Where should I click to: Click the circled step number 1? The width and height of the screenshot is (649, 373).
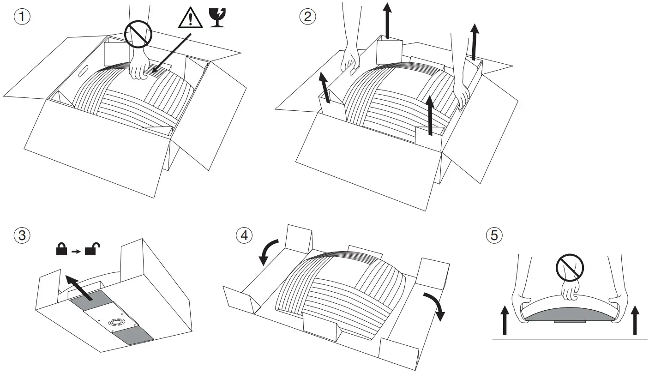pyautogui.click(x=22, y=17)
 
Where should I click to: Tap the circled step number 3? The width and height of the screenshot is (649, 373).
pyautogui.click(x=22, y=235)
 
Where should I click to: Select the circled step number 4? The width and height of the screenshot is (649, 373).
pyautogui.click(x=244, y=235)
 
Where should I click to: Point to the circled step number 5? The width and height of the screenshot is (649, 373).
pyautogui.click(x=494, y=235)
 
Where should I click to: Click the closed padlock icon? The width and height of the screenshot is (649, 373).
pyautogui.click(x=60, y=251)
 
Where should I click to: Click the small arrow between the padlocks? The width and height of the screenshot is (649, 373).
pyautogui.click(x=76, y=252)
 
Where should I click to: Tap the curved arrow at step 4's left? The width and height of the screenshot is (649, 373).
pyautogui.click(x=268, y=251)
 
